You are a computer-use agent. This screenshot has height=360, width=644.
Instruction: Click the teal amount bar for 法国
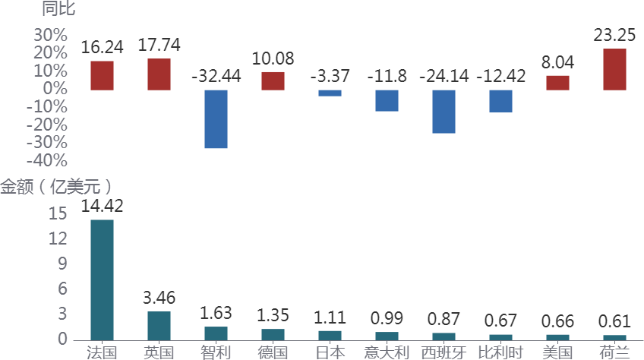[102, 279]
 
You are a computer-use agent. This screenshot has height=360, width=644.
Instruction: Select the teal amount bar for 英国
[159, 325]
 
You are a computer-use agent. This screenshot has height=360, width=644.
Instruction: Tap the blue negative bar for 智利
[216, 119]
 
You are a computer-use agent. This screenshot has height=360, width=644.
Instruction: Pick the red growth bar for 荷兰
[614, 70]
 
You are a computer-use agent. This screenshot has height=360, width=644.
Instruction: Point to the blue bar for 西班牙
[444, 112]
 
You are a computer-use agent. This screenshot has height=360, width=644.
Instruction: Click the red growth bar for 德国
[273, 81]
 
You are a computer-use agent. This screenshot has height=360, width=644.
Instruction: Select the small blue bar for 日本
[330, 93]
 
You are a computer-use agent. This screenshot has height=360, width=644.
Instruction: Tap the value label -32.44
[216, 77]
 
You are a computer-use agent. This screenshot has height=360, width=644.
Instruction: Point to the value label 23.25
[614, 35]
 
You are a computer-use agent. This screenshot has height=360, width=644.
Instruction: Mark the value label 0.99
[387, 318]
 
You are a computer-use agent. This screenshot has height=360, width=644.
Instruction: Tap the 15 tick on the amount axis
[58, 214]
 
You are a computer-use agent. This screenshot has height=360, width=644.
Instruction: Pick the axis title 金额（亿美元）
[56, 186]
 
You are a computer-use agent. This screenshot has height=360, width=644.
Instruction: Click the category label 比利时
[500, 352]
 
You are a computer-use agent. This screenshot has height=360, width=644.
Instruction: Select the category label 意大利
[387, 352]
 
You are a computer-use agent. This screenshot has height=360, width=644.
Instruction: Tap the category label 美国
[557, 352]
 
